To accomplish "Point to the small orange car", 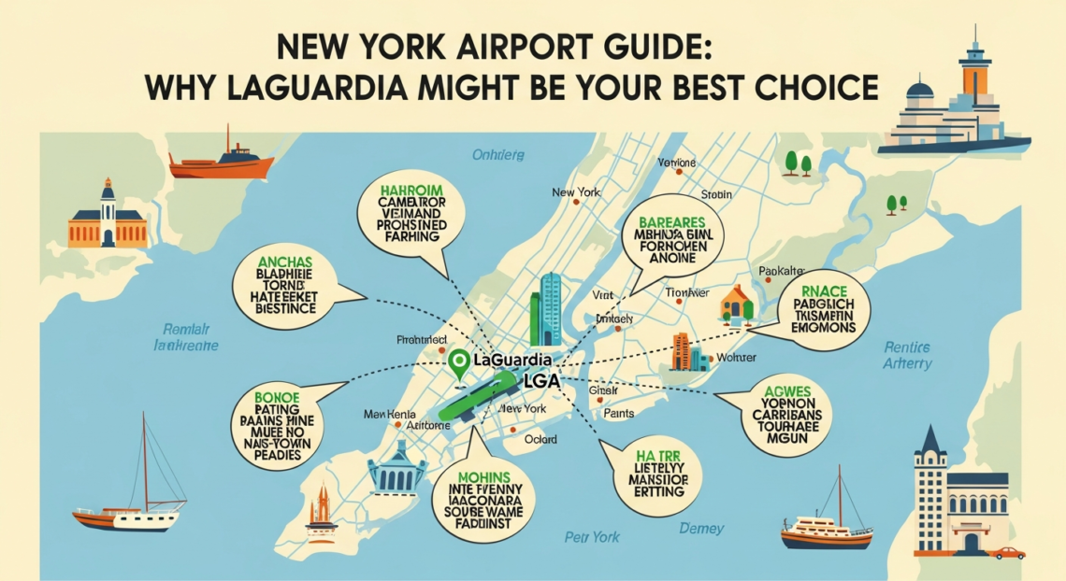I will pyautogui.click(x=1008, y=553).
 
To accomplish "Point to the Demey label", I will pyautogui.click(x=702, y=529).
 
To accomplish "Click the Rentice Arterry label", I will pyautogui.click(x=906, y=356).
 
